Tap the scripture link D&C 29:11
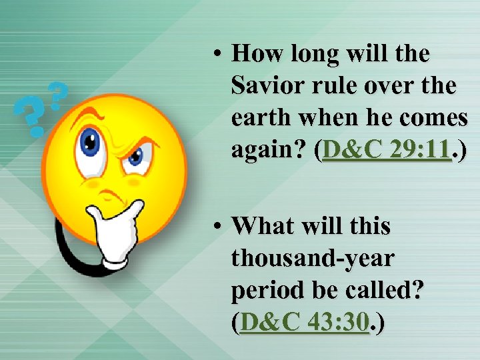click(x=387, y=151)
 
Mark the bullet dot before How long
click(x=217, y=53)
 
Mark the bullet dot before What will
click(x=217, y=226)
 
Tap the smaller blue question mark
click(x=58, y=95)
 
